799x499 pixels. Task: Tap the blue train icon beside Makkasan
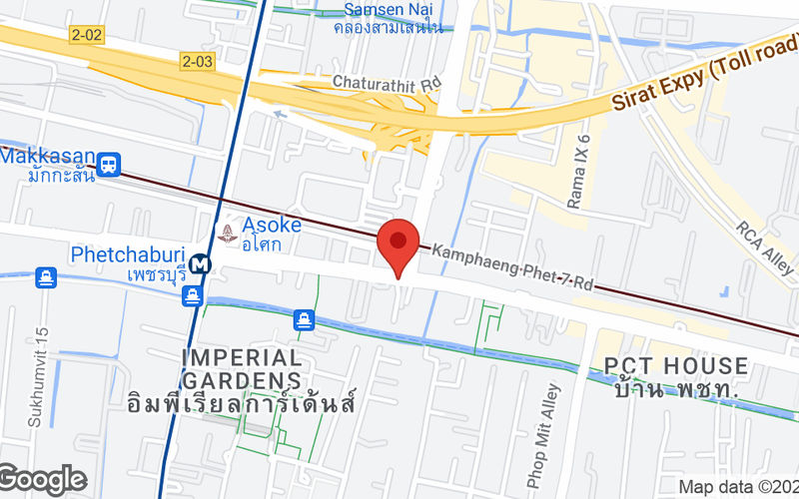point(110,161)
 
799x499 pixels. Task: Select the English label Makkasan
point(48,158)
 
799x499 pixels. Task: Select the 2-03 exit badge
point(198,62)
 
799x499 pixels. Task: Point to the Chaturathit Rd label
point(387,83)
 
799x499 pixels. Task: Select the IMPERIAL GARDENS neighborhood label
point(242,368)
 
